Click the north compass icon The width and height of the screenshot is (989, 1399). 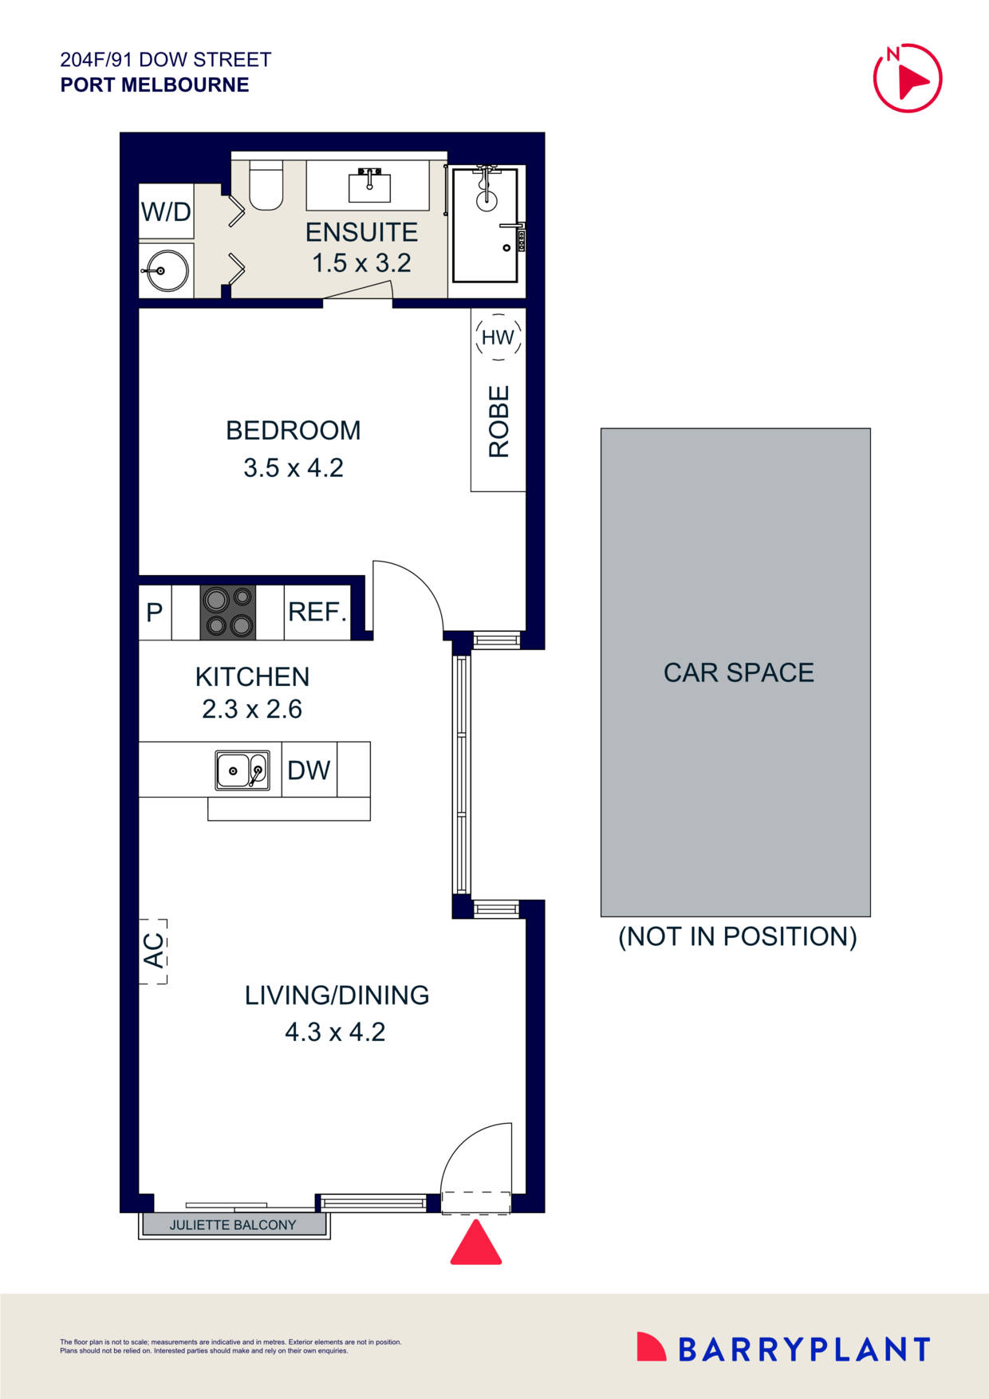(x=908, y=78)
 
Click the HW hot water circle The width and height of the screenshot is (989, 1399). (x=498, y=337)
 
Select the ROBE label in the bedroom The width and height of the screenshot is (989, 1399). (x=498, y=421)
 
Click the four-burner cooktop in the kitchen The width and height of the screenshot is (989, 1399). (x=228, y=613)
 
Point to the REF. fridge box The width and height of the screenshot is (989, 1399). (x=317, y=613)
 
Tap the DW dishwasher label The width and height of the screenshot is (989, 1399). (x=309, y=770)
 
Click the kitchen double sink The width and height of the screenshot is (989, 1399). (x=242, y=770)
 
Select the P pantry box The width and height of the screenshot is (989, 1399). (x=155, y=613)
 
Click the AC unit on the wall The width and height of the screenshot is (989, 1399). (x=153, y=950)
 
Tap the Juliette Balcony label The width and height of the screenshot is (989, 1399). (x=233, y=1225)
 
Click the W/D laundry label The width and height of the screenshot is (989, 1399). (x=166, y=212)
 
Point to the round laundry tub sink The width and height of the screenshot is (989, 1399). (x=166, y=270)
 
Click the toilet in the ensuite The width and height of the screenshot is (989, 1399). (x=266, y=187)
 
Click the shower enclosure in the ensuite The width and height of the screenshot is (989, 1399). (x=485, y=226)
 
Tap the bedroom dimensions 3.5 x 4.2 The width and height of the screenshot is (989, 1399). (x=294, y=467)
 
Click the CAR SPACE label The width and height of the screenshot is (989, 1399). (x=739, y=672)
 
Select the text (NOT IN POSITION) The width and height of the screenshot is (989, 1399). (x=738, y=936)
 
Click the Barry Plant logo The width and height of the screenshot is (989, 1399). (x=783, y=1349)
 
